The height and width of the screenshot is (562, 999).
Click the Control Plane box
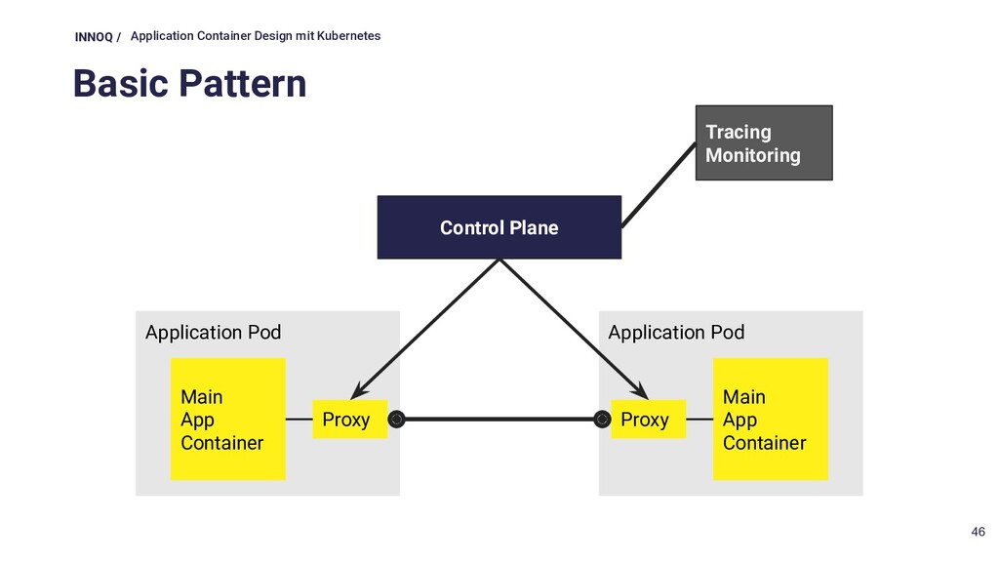click(499, 227)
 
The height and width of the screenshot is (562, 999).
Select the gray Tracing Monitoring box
click(764, 142)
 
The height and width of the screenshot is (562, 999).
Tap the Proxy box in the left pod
click(350, 420)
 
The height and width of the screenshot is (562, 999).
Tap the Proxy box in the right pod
click(649, 420)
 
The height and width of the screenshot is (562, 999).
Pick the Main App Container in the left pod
click(228, 420)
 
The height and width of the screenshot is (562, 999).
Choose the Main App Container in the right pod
click(771, 420)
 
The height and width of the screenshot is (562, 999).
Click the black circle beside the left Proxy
click(396, 420)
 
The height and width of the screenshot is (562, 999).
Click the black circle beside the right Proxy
click(602, 420)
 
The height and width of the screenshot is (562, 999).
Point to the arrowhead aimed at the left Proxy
click(359, 390)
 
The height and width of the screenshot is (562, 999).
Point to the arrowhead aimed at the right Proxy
click(639, 390)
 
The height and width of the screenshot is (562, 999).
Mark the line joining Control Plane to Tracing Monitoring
click(659, 184)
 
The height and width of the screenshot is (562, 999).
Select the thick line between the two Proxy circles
click(499, 420)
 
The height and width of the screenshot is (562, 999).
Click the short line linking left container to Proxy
click(299, 420)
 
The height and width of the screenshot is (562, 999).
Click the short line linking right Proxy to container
click(699, 420)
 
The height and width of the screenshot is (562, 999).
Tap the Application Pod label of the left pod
click(213, 333)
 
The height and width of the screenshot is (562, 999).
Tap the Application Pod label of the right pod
click(676, 333)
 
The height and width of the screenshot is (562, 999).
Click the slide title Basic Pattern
click(190, 84)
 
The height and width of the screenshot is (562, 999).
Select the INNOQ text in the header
click(94, 37)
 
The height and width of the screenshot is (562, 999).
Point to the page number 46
click(978, 532)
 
